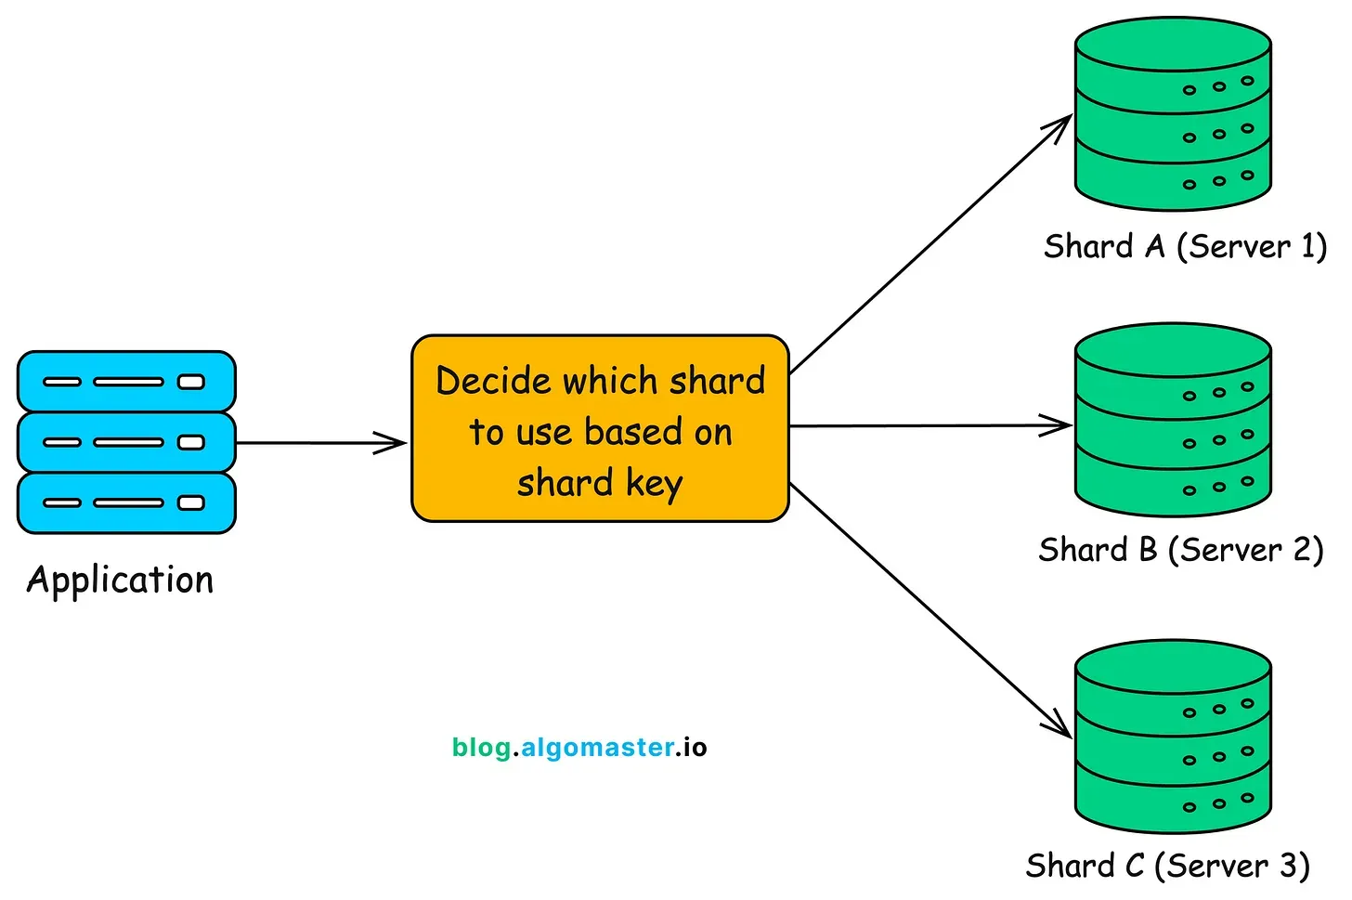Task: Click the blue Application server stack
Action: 126,442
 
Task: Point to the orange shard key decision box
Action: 600,428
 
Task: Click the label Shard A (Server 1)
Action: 1185,247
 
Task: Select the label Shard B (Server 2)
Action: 1180,550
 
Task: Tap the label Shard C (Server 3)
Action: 1167,866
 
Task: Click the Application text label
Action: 120,580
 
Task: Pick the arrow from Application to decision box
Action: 320,443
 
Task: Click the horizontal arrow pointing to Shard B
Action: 929,426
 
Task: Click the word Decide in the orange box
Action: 493,381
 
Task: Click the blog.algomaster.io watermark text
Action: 579,748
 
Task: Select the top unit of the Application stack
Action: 126,382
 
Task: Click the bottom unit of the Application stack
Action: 126,502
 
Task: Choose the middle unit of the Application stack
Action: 126,442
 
